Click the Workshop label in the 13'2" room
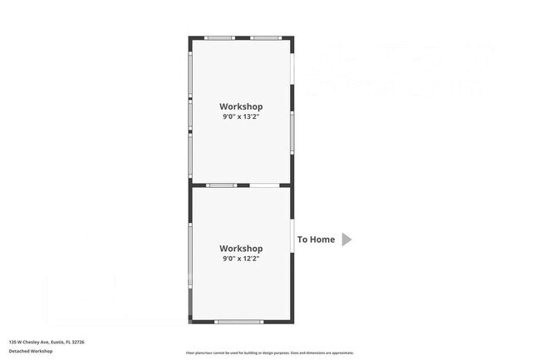[x=241, y=106]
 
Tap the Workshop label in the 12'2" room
[x=241, y=249]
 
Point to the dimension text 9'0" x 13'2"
[x=241, y=117]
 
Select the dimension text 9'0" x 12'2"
[x=241, y=259]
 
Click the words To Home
[x=317, y=239]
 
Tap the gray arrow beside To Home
[x=346, y=239]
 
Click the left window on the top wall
[x=219, y=38]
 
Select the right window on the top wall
[x=264, y=38]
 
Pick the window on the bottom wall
[x=239, y=321]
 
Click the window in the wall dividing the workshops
[x=222, y=185]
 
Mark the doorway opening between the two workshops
[x=264, y=185]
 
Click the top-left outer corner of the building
[x=189, y=37]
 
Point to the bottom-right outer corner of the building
[x=292, y=322]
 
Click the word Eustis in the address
[x=56, y=342]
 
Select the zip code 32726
[x=78, y=342]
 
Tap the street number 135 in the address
[x=12, y=342]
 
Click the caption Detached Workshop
[x=31, y=351]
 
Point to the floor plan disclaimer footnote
[x=269, y=353]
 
